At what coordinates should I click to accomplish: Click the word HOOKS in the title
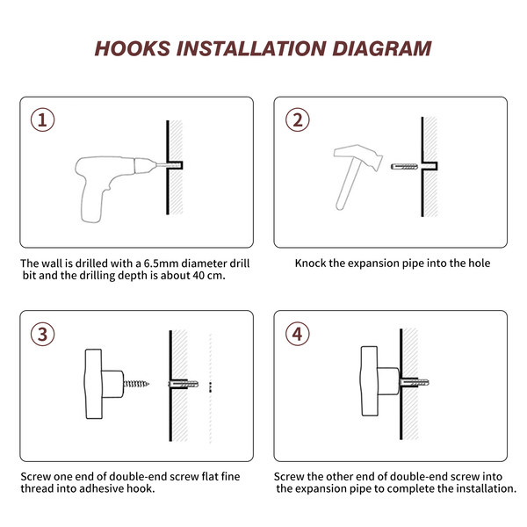(x=133, y=48)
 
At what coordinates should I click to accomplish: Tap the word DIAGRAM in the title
(x=381, y=48)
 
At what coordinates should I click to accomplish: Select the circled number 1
(x=43, y=120)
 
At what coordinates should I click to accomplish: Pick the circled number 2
(x=298, y=120)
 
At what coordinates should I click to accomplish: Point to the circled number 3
(x=43, y=334)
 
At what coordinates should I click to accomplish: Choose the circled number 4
(x=298, y=334)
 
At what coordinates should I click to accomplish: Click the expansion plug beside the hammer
(x=404, y=166)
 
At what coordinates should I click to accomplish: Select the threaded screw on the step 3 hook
(x=136, y=384)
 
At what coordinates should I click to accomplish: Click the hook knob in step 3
(x=104, y=384)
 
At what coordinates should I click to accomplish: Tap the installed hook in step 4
(x=380, y=381)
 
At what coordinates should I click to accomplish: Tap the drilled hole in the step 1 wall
(x=175, y=165)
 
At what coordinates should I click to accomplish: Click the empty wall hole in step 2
(x=430, y=166)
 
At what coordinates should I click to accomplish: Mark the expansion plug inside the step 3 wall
(x=184, y=384)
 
